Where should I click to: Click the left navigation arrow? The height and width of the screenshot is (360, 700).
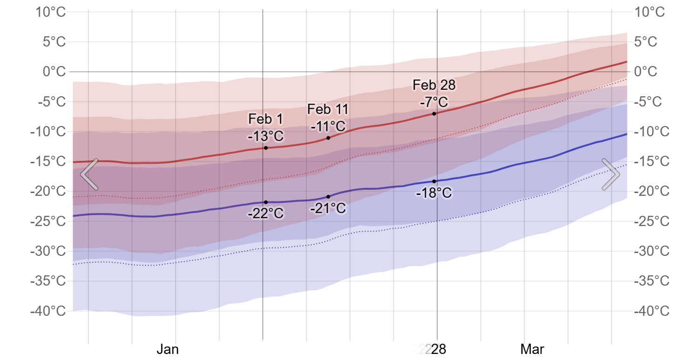[x=89, y=174]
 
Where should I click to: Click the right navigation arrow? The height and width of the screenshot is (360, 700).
[x=611, y=174]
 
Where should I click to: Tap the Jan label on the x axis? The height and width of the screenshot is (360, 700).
[x=168, y=349]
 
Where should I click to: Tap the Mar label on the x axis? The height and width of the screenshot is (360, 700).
[x=533, y=349]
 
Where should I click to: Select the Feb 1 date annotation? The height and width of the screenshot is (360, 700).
[x=265, y=119]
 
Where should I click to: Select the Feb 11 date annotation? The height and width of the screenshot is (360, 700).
[x=328, y=109]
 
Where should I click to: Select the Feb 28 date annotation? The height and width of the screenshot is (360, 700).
[x=434, y=85]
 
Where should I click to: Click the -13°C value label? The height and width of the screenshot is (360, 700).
[x=265, y=136]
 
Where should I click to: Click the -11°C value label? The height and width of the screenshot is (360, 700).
[x=328, y=126]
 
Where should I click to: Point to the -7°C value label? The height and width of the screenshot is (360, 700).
[x=434, y=102]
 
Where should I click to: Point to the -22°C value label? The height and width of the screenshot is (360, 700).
[x=265, y=214]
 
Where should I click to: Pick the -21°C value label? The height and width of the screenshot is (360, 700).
[x=328, y=208]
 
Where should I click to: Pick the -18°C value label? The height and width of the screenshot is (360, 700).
[x=434, y=193]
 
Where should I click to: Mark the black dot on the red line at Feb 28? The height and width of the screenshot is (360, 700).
[x=434, y=113]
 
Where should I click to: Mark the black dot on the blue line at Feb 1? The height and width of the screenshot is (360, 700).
[x=265, y=202]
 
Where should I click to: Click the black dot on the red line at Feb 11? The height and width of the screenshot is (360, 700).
[x=328, y=138]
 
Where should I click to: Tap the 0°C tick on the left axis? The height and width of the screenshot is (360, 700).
[x=54, y=72]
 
